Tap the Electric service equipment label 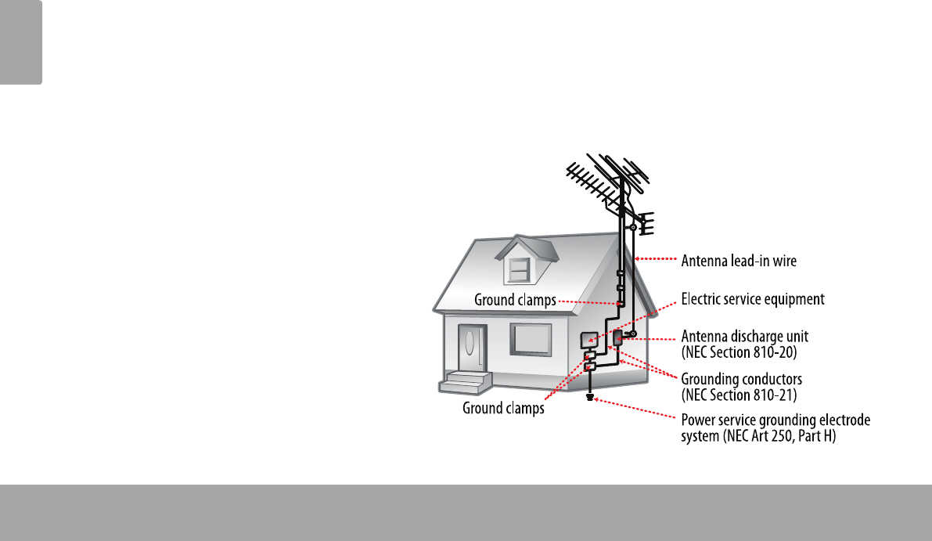(x=753, y=299)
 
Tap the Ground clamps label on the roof (x=516, y=300)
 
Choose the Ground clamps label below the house (x=503, y=409)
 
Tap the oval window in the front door (x=470, y=344)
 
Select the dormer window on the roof (x=517, y=269)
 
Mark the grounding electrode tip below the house (x=589, y=397)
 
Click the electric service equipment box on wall (x=588, y=340)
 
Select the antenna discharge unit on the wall (x=617, y=338)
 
